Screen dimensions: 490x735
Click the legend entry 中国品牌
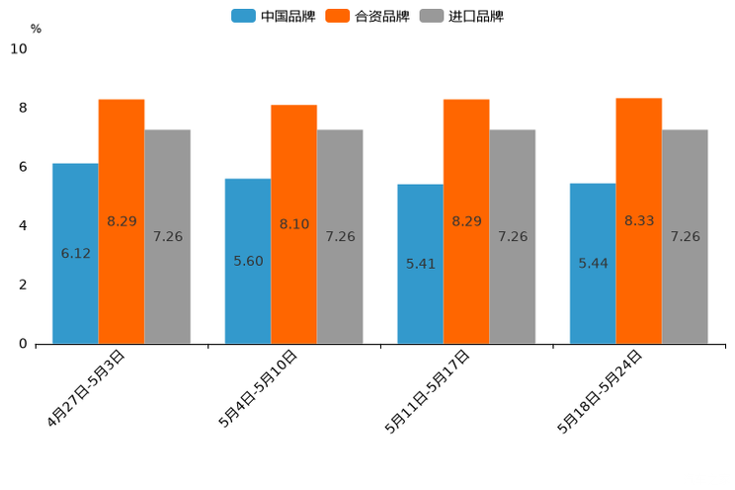(273, 16)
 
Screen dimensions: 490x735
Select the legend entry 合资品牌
(367, 16)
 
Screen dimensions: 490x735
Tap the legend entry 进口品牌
(461, 16)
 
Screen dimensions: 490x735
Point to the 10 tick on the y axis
(19, 48)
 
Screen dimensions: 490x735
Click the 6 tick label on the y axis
(23, 167)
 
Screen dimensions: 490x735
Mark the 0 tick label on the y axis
(23, 344)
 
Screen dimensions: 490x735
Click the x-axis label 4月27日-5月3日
(87, 387)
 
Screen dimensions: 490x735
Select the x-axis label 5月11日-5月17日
(429, 390)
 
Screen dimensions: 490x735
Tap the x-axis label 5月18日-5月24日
(601, 390)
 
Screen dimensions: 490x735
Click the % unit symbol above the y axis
(36, 29)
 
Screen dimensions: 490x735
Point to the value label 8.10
(293, 224)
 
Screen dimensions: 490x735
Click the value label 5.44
(593, 264)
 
